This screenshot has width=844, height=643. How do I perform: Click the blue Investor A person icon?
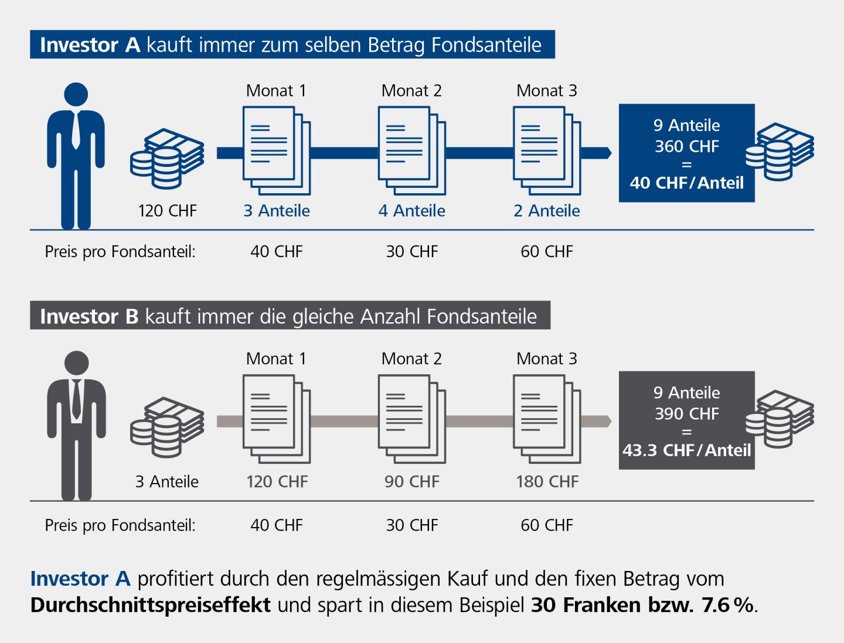click(x=76, y=155)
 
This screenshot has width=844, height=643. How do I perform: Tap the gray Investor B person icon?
click(x=76, y=425)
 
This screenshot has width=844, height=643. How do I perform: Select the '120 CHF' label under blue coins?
click(x=168, y=211)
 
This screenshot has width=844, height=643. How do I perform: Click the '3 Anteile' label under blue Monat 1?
click(x=277, y=211)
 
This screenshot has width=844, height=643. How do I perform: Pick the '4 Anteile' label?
click(x=412, y=211)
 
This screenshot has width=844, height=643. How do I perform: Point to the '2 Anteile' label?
click(x=547, y=211)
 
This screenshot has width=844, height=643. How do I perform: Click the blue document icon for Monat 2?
click(x=411, y=151)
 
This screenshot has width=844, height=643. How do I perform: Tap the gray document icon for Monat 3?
click(x=547, y=419)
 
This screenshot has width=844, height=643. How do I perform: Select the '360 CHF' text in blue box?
click(x=687, y=146)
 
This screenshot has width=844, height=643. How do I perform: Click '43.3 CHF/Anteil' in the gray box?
click(x=687, y=450)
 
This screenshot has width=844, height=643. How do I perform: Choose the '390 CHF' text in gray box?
click(x=687, y=414)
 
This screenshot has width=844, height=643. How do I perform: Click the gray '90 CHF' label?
click(x=412, y=482)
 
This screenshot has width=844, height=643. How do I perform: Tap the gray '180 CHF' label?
click(x=547, y=482)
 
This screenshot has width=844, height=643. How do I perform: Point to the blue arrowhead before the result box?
click(x=606, y=153)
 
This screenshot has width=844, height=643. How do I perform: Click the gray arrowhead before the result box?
click(x=606, y=421)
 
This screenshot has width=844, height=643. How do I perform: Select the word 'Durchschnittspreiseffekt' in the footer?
click(x=151, y=605)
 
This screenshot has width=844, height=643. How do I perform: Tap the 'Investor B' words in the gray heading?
click(x=89, y=317)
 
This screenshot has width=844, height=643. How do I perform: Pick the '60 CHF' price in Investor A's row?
click(x=547, y=252)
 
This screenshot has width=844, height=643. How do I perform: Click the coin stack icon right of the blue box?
click(x=780, y=152)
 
